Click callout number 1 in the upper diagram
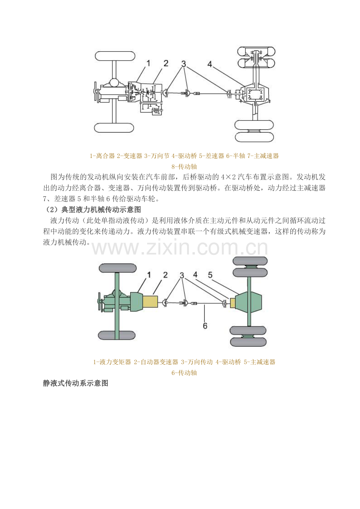coord(148,63)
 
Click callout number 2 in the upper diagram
coord(166,63)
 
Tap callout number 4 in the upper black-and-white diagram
coord(210,65)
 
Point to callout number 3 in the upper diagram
coord(184,63)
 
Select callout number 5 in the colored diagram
coord(210,275)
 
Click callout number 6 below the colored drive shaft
coord(205,325)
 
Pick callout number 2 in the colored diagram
coord(166,275)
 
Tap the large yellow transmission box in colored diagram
coord(150,302)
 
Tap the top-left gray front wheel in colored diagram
coord(118,268)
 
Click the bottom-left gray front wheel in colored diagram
coord(117,335)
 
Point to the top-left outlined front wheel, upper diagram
coord(115,56)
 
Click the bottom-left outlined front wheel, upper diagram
coord(114,127)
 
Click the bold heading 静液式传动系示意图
coord(76,384)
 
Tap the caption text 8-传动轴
coord(184,167)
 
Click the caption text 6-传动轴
coord(184,373)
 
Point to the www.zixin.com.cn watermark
coord(180,249)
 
